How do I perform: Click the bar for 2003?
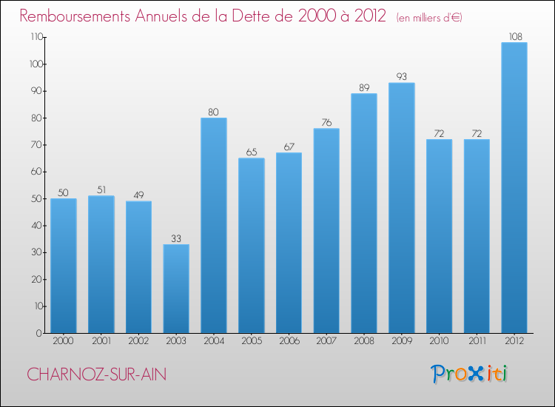[176, 289]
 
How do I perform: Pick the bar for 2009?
[401, 208]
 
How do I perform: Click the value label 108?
[514, 36]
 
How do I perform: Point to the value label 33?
[176, 238]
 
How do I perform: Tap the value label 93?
[401, 76]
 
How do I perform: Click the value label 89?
[364, 87]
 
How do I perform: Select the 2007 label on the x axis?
[326, 341]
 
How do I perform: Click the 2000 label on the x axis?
[64, 341]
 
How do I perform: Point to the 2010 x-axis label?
[439, 341]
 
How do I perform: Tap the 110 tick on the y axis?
[34, 37]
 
